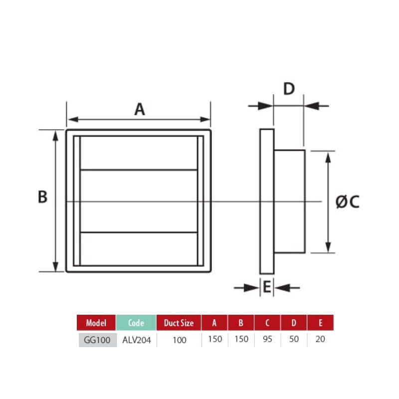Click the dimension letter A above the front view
(140, 109)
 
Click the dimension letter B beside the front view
(42, 197)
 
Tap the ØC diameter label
(347, 201)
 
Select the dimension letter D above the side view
(289, 89)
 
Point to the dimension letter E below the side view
(267, 287)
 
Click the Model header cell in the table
(96, 323)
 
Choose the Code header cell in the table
(136, 323)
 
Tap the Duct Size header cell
(179, 323)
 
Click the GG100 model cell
(97, 339)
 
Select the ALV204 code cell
(136, 339)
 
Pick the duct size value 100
(179, 340)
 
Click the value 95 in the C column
(267, 339)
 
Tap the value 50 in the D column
(294, 339)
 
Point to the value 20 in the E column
(320, 339)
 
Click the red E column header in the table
(320, 323)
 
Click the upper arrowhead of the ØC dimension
(328, 157)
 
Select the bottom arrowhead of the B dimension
(55, 266)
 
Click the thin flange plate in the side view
(267, 201)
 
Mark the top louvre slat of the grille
(138, 153)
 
